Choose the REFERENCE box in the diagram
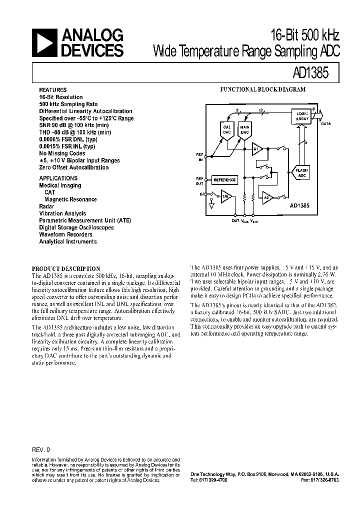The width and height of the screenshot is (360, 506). tap(225, 179)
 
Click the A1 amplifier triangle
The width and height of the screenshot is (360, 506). tap(256, 148)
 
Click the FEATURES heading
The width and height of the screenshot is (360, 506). tap(52, 90)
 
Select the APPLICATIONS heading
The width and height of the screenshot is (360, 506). tap(58, 178)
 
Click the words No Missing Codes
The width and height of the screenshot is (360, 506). tap(61, 153)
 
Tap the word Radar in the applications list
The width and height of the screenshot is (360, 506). tap(46, 206)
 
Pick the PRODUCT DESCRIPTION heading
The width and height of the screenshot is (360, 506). tap(66, 268)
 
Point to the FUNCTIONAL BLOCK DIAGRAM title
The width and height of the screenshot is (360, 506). tap(263, 90)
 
